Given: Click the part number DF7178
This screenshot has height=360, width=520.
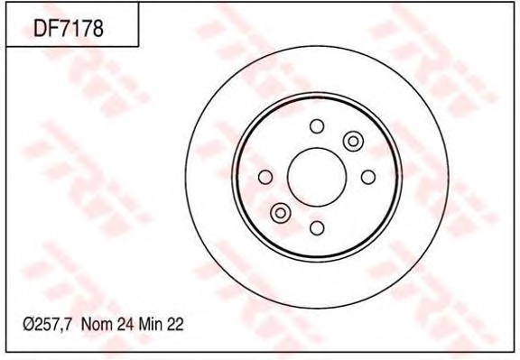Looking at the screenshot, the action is pyautogui.click(x=69, y=28).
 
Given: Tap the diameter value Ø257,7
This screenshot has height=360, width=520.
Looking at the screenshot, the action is pyautogui.click(x=47, y=324).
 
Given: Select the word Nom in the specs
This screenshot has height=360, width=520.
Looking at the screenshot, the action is pyautogui.click(x=97, y=324).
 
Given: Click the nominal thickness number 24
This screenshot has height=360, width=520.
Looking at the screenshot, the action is pyautogui.click(x=125, y=324).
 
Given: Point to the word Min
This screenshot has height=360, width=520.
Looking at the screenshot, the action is pyautogui.click(x=151, y=324).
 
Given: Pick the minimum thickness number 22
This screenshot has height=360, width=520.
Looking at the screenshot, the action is pyautogui.click(x=175, y=324).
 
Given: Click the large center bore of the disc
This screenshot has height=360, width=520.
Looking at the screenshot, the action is pyautogui.click(x=317, y=177).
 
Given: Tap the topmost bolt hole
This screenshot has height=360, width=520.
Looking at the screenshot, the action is pyautogui.click(x=317, y=126).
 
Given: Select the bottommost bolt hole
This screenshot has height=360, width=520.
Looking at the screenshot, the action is pyautogui.click(x=317, y=228).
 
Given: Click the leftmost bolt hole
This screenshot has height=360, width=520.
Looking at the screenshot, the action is pyautogui.click(x=265, y=177).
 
